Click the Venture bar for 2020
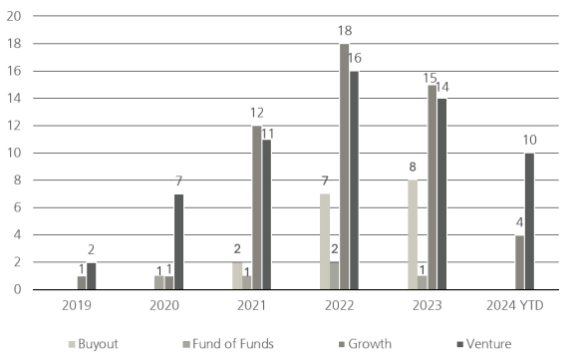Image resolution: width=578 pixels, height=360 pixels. [178, 241]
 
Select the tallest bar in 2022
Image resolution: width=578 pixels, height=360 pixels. [344, 167]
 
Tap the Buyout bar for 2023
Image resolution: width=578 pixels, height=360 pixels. [413, 234]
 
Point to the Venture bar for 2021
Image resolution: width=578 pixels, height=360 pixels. [267, 214]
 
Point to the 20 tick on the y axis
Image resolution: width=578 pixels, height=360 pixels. [13, 17]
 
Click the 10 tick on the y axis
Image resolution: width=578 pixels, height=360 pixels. [13, 153]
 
